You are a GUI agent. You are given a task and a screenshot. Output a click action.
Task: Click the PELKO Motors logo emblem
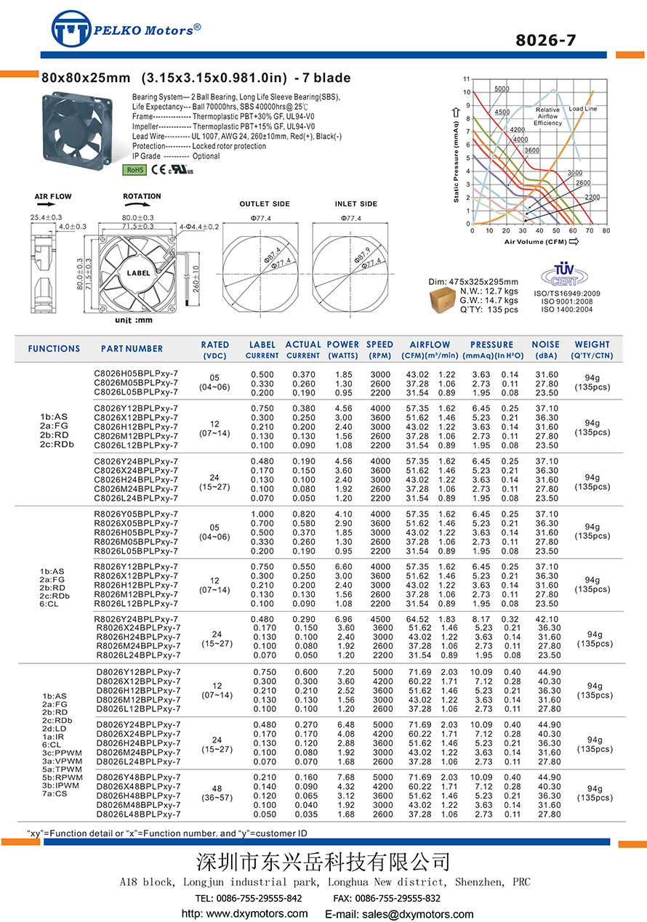pos(72,30)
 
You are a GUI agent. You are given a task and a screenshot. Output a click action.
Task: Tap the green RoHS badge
pos(134,170)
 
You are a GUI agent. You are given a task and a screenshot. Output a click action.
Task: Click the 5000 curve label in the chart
pos(502,89)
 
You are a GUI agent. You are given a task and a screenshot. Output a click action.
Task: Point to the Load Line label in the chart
pos(582,109)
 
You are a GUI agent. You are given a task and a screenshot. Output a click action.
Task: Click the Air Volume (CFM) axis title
pos(537,241)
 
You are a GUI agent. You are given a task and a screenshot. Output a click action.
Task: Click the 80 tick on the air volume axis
pos(606,230)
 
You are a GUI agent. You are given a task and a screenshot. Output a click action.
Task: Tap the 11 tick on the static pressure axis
pos(466,78)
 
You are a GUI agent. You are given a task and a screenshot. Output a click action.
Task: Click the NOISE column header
pos(545,344)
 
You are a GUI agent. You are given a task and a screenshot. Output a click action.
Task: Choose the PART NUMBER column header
pos(132,349)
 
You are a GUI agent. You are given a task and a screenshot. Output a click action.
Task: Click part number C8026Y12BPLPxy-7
pos(136,408)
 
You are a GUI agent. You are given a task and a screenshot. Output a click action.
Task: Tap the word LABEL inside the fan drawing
pos(139,273)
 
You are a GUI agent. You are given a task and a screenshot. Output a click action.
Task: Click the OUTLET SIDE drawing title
pos(265,204)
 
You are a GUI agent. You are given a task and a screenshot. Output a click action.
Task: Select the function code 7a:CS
pos(54,794)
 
